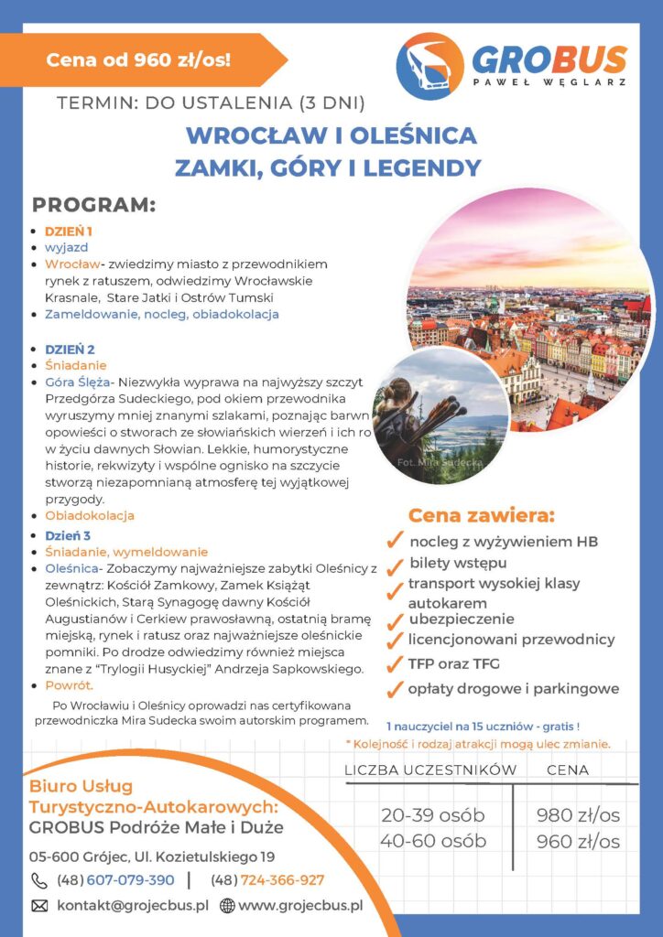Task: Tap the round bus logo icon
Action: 429,66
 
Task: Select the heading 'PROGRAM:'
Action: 93,203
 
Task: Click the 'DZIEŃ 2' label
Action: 70,349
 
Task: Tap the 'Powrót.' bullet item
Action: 70,684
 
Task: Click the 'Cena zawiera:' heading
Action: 481,514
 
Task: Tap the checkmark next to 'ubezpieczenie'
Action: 396,621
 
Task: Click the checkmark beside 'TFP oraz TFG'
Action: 396,665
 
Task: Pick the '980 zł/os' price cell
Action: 579,815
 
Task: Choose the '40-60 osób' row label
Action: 432,841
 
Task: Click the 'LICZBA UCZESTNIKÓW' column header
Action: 430,770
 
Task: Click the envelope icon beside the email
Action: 39,906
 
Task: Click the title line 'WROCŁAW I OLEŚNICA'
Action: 331,135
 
